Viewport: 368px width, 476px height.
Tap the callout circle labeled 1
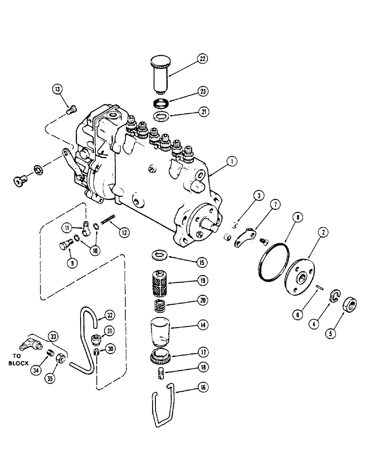pyautogui.click(x=231, y=162)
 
